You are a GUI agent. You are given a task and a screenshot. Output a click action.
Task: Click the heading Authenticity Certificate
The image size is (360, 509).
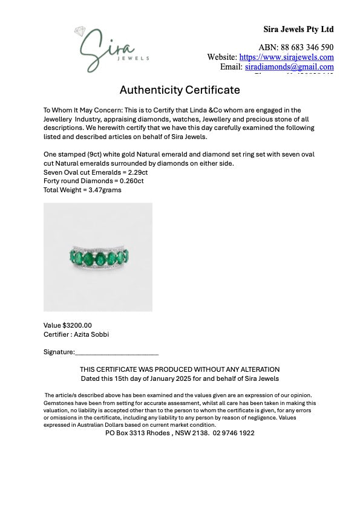tap(180, 90)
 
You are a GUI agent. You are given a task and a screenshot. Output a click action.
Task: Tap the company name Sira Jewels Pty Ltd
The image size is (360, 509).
tap(298, 29)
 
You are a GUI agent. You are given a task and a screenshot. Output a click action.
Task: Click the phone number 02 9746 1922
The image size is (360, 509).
tap(234, 433)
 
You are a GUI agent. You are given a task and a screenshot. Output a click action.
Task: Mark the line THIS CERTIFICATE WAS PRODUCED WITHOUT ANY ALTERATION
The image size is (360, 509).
tap(180, 369)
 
